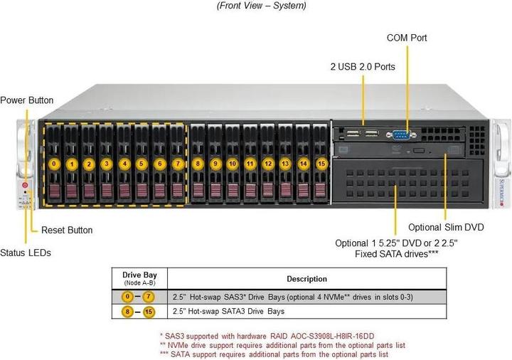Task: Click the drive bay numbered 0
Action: tap(54, 164)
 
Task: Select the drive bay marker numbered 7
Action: tap(177, 164)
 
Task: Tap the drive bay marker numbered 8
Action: tap(198, 164)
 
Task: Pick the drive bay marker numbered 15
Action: tap(321, 164)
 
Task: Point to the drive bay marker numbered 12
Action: tap(267, 164)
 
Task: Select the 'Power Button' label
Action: tap(27, 100)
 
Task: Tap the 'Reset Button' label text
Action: tap(67, 230)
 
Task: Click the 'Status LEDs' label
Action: tap(26, 253)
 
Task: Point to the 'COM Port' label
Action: tap(407, 37)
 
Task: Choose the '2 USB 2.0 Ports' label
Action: tap(363, 66)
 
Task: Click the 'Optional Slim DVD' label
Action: tap(446, 228)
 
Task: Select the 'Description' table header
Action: tap(306, 279)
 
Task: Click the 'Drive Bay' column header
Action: tap(139, 275)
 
